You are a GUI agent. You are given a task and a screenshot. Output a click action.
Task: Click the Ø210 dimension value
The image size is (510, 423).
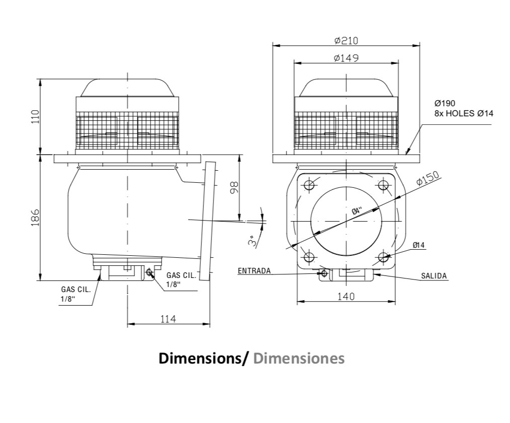(x=346, y=41)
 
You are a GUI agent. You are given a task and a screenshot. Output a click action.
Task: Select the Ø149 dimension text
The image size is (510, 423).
(x=346, y=58)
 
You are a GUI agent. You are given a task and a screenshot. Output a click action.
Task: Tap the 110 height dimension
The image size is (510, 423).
(x=35, y=116)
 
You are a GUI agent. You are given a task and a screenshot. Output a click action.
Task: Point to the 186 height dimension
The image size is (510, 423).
(x=35, y=218)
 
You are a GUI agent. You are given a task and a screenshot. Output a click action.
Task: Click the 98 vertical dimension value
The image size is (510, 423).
(x=234, y=188)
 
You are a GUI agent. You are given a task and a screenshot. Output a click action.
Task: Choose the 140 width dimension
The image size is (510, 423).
(x=346, y=297)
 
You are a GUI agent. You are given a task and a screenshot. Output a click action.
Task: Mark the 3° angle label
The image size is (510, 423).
(x=252, y=241)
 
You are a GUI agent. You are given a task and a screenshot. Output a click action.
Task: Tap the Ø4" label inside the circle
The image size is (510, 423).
(x=357, y=210)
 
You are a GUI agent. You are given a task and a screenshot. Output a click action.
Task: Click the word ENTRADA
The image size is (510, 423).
(x=254, y=271)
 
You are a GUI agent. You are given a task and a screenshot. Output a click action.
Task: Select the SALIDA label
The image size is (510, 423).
(x=434, y=276)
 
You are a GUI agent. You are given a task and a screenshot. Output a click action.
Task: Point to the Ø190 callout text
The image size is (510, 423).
(x=445, y=103)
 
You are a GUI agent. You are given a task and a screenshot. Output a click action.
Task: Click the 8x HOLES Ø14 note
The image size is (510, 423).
(x=464, y=114)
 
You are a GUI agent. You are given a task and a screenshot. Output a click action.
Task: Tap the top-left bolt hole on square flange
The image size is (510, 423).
(x=309, y=185)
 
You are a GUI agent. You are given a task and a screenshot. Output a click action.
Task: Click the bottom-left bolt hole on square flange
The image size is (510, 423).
(x=309, y=257)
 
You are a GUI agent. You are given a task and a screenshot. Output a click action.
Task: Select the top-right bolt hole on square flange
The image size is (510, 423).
(x=384, y=185)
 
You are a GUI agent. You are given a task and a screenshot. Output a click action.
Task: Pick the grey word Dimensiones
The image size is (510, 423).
(x=299, y=358)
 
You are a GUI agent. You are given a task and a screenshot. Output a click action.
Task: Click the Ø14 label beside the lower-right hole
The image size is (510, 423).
(x=419, y=245)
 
